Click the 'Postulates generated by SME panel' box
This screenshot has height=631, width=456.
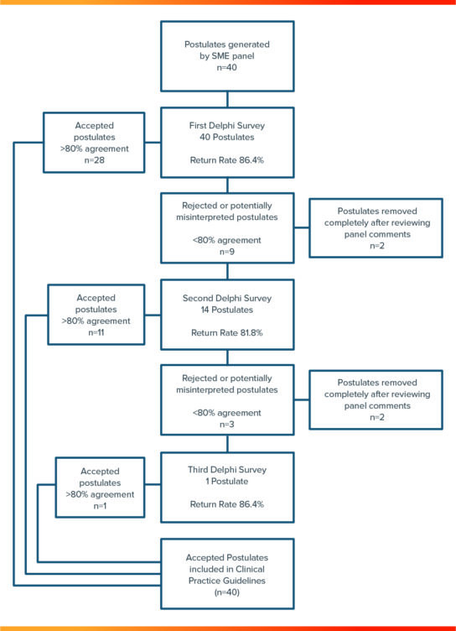pyautogui.click(x=226, y=55)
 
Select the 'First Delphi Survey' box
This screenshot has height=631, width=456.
pyautogui.click(x=226, y=143)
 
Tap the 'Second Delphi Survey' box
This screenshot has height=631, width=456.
pyautogui.click(x=226, y=315)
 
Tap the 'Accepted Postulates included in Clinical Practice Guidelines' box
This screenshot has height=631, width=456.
pyautogui.click(x=226, y=573)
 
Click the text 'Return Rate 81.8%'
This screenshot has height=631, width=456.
pyautogui.click(x=226, y=333)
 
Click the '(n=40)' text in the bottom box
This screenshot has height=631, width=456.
pyautogui.click(x=226, y=592)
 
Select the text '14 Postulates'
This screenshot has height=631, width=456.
pyautogui.click(x=226, y=309)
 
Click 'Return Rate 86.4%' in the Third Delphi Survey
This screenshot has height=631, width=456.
pyautogui.click(x=226, y=505)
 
